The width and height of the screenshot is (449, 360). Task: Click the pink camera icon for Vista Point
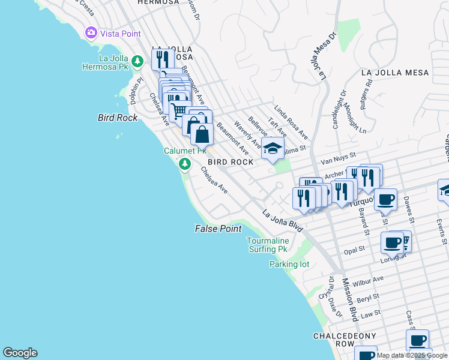[91, 34]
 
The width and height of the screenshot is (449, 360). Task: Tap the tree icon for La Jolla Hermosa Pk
[137, 61]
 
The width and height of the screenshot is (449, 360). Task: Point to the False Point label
[218, 229]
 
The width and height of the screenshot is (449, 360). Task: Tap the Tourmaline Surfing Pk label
[267, 245]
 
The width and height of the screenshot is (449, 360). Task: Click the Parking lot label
[289, 264]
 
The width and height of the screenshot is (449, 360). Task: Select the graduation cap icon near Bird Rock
[273, 148]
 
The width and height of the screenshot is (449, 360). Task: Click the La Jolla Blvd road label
[283, 220]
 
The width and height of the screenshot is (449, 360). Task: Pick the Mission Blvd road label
[349, 300]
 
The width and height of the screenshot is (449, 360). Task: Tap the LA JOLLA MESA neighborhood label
[395, 73]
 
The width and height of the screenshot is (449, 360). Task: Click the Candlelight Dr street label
[340, 109]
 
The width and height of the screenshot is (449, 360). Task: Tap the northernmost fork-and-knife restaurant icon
[162, 59]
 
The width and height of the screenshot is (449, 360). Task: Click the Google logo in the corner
[20, 353]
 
